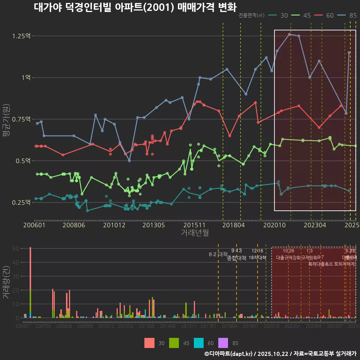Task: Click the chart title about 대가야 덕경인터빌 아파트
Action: pyautogui.click(x=135, y=7)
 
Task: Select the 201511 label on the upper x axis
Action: pyautogui.click(x=194, y=225)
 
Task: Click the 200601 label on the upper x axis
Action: pyautogui.click(x=34, y=225)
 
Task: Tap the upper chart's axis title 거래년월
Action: pyautogui.click(x=195, y=233)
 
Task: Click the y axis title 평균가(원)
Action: pyautogui.click(x=6, y=119)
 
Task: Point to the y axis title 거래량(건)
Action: pyautogui.click(x=6, y=282)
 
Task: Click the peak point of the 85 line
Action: pyautogui.click(x=289, y=34)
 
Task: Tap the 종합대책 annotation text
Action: pyautogui.click(x=237, y=258)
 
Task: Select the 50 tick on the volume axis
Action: pyautogui.click(x=16, y=249)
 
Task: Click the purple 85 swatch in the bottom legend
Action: pyautogui.click(x=223, y=343)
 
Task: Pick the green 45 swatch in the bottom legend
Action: pyautogui.click(x=174, y=343)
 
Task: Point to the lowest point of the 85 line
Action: pyautogui.click(x=129, y=161)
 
